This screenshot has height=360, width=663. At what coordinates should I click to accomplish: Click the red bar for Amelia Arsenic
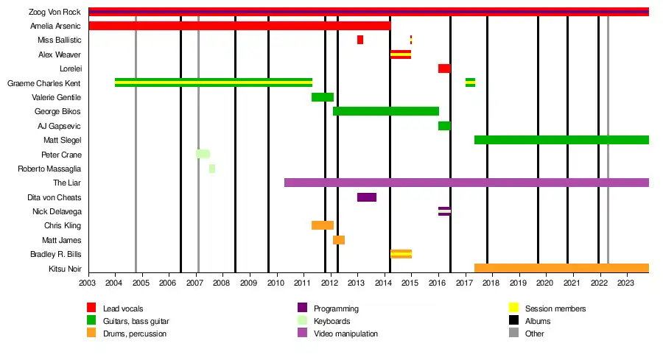coord(239,26)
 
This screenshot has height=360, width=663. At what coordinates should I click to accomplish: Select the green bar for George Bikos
coord(385,111)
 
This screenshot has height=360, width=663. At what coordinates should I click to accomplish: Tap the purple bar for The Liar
coord(466,183)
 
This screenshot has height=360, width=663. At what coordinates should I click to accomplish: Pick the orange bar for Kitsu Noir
coord(561,268)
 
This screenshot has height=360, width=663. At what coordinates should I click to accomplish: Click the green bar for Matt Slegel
coord(561,140)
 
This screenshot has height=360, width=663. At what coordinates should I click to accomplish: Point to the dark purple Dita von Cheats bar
coord(367,197)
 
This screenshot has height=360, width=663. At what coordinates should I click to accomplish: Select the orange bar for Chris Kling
coord(323,225)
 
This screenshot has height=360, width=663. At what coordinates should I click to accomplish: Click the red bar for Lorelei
coord(444,68)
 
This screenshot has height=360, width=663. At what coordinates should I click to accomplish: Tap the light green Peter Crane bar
coord(203,154)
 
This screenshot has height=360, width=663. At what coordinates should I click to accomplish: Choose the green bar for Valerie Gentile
coord(323,97)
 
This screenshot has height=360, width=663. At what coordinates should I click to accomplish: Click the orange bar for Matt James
coord(339,240)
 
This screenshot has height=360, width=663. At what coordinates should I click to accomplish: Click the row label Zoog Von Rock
coord(55,12)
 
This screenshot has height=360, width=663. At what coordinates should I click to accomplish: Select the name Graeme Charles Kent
coord(43,83)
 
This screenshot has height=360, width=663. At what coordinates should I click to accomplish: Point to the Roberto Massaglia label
coord(49,169)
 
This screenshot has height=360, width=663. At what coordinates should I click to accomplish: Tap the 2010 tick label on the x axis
coord(276,282)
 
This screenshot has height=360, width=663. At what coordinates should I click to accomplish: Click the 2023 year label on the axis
coord(625,282)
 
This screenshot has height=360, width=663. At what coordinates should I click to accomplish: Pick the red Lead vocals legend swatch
coord(91,308)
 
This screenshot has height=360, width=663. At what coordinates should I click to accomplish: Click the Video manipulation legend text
coord(345,333)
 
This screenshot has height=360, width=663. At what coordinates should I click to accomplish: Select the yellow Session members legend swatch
coord(514,308)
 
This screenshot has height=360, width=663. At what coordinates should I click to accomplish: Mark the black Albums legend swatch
coord(514,321)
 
